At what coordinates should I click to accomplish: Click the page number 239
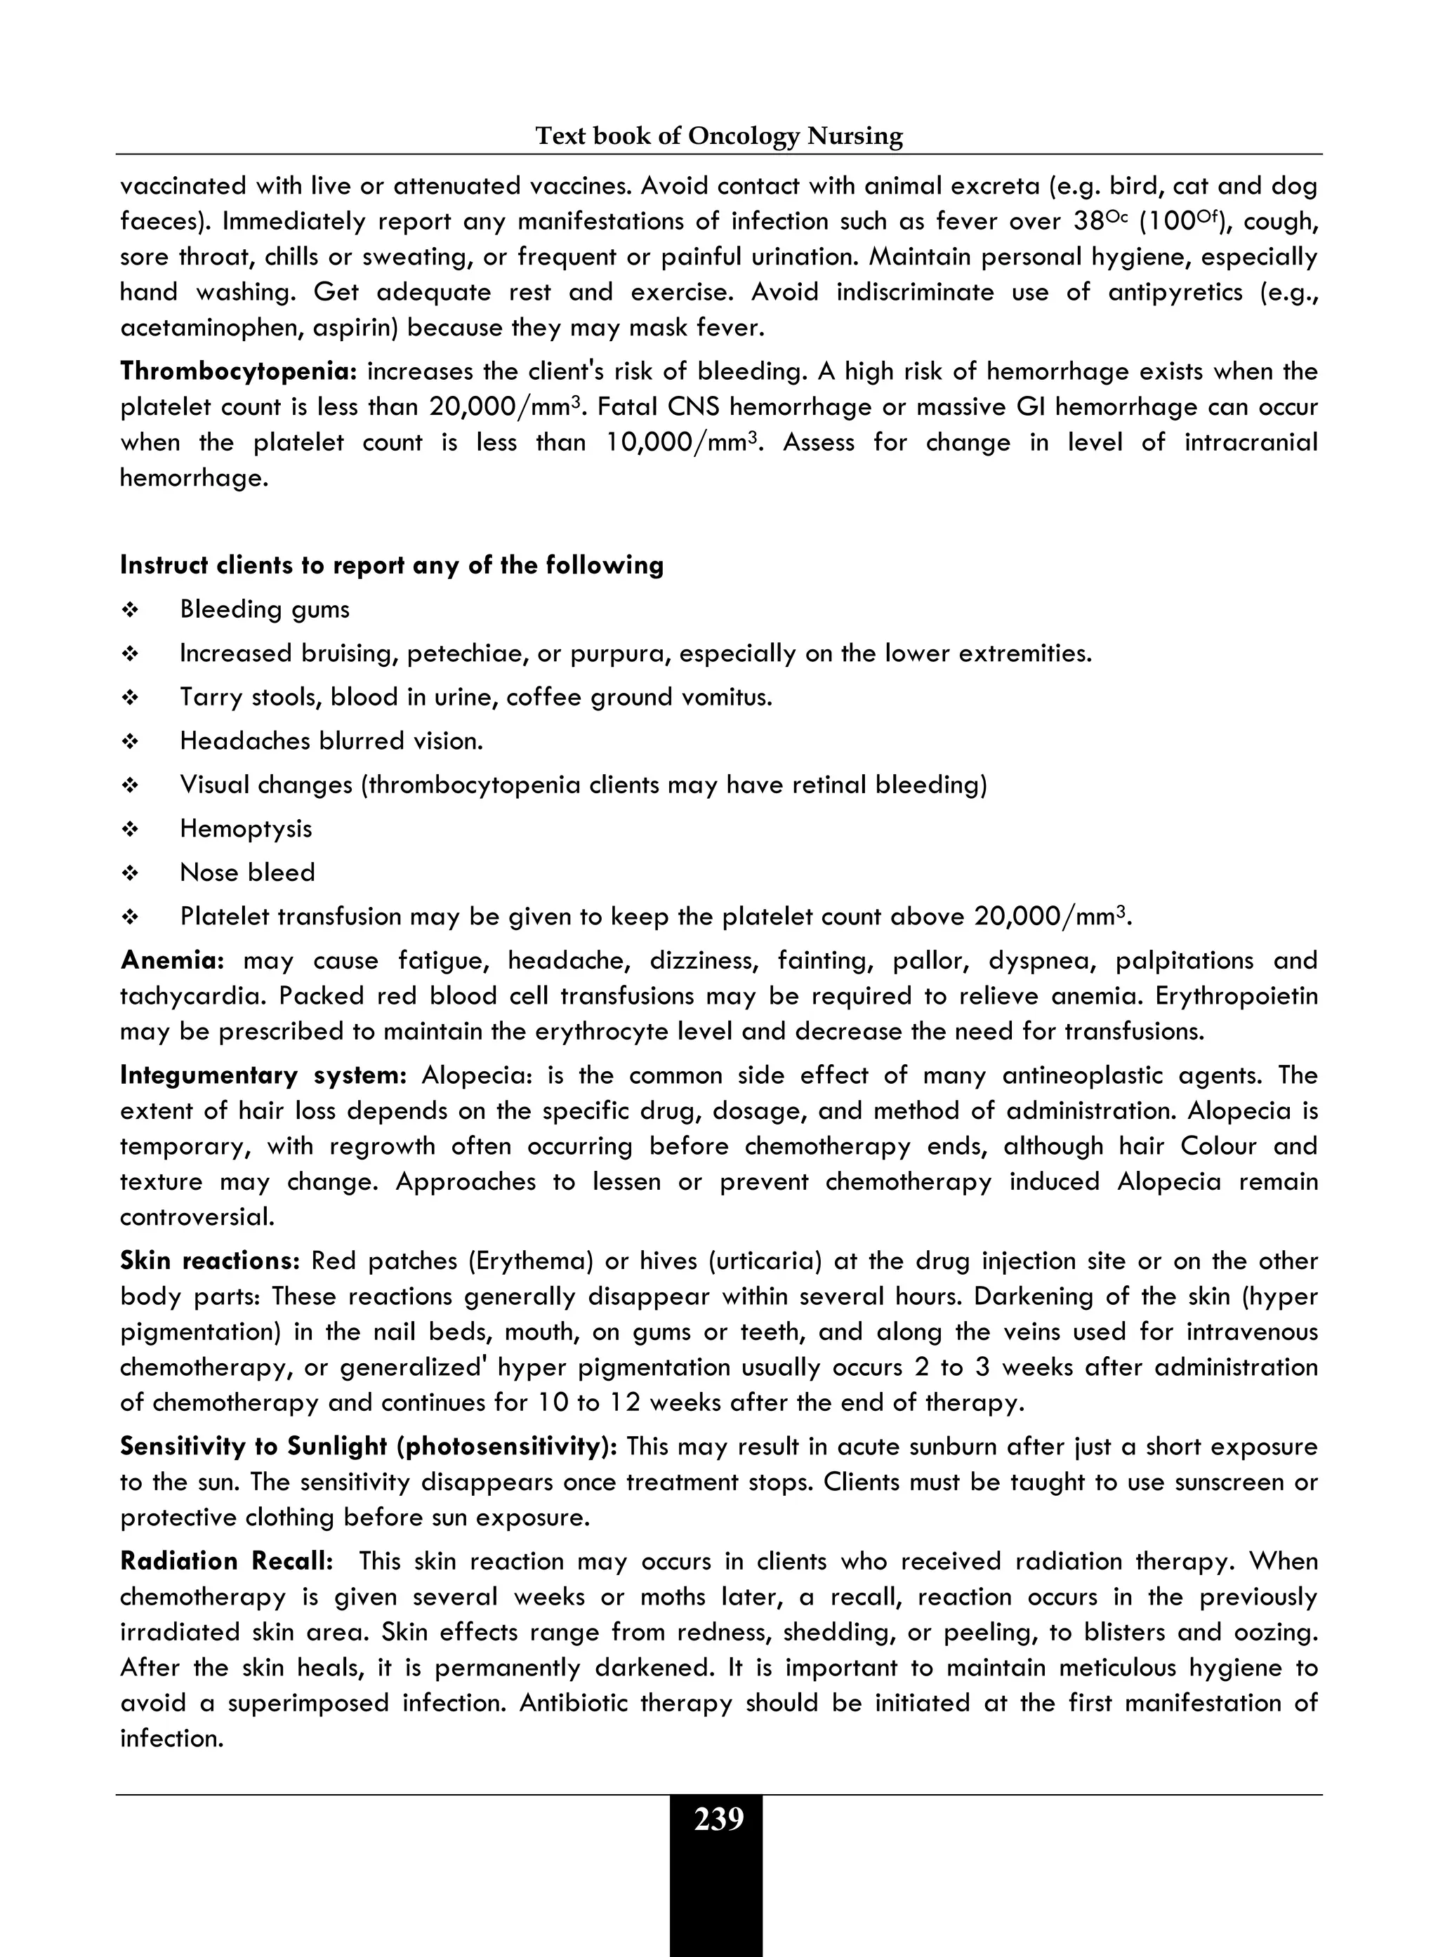click(x=718, y=1819)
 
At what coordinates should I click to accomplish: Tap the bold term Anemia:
click(x=172, y=961)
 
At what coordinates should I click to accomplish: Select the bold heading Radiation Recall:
click(x=226, y=1561)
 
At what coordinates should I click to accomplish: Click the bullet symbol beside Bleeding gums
click(x=130, y=610)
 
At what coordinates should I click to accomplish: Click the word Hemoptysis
click(x=246, y=828)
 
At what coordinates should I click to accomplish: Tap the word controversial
click(x=197, y=1217)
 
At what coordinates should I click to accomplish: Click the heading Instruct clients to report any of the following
click(x=392, y=566)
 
